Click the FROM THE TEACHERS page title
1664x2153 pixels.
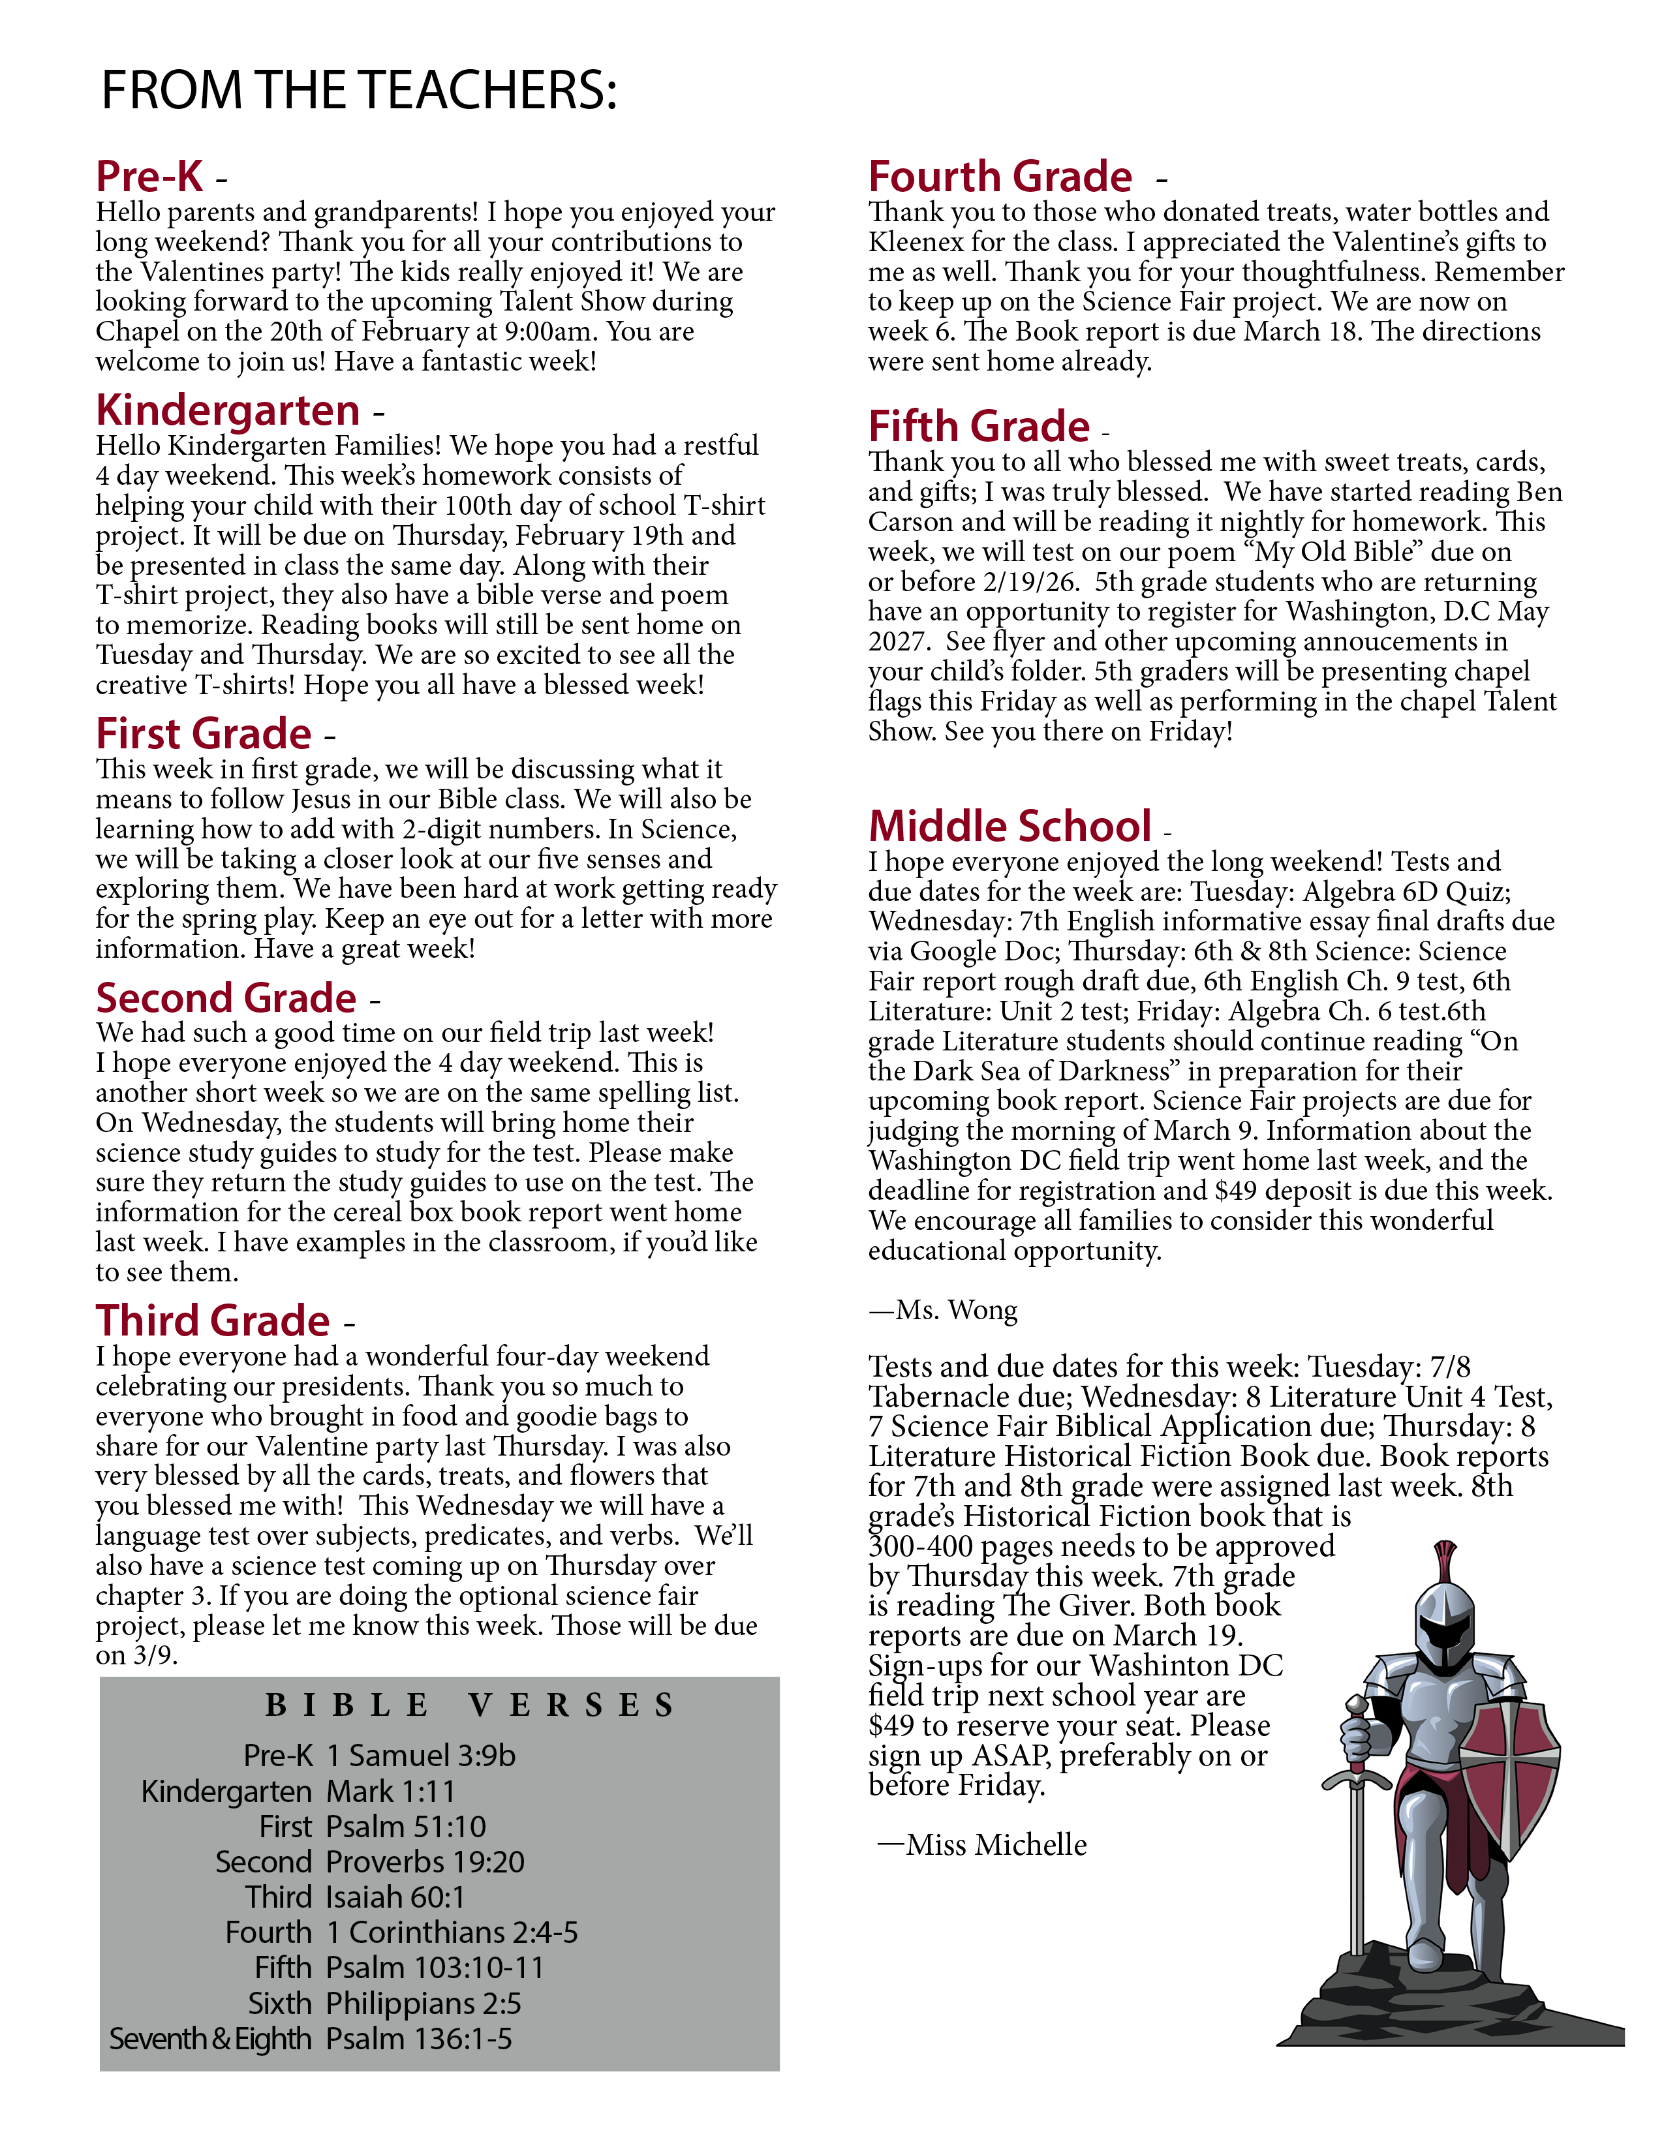(x=359, y=91)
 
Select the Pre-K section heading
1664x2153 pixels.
(x=150, y=177)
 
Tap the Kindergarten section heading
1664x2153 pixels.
(x=228, y=410)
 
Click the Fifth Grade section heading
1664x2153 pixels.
(x=979, y=427)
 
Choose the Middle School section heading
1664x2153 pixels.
(x=1009, y=826)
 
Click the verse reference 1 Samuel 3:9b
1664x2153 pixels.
(x=421, y=1756)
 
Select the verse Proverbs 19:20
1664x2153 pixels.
(x=425, y=1862)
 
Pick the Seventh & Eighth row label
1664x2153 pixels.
(x=210, y=2039)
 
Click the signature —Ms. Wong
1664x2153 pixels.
(x=944, y=1310)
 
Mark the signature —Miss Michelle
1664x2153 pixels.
(x=983, y=1844)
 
